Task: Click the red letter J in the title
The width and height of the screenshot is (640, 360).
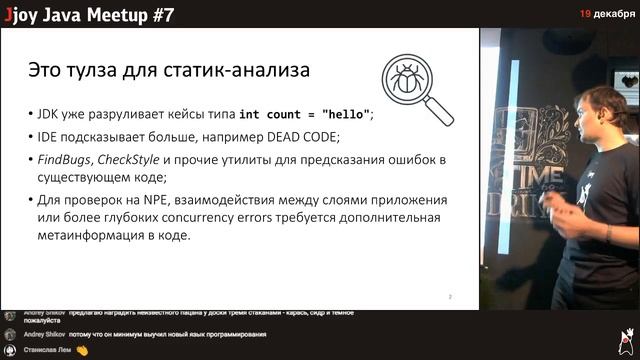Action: [x=7, y=13]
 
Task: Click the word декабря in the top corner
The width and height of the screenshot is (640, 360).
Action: [x=613, y=13]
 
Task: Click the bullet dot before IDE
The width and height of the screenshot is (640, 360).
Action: [x=26, y=137]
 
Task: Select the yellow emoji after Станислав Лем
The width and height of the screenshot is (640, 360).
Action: [x=82, y=350]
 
